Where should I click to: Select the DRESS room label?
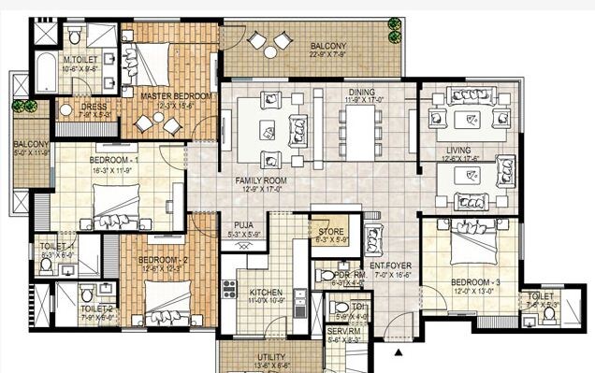(94, 107)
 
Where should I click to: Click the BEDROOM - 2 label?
(164, 259)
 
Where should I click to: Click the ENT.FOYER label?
(391, 266)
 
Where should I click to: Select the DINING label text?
(362, 92)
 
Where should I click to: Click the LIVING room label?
(457, 149)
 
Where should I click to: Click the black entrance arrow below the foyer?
(400, 353)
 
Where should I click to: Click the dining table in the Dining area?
(360, 129)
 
